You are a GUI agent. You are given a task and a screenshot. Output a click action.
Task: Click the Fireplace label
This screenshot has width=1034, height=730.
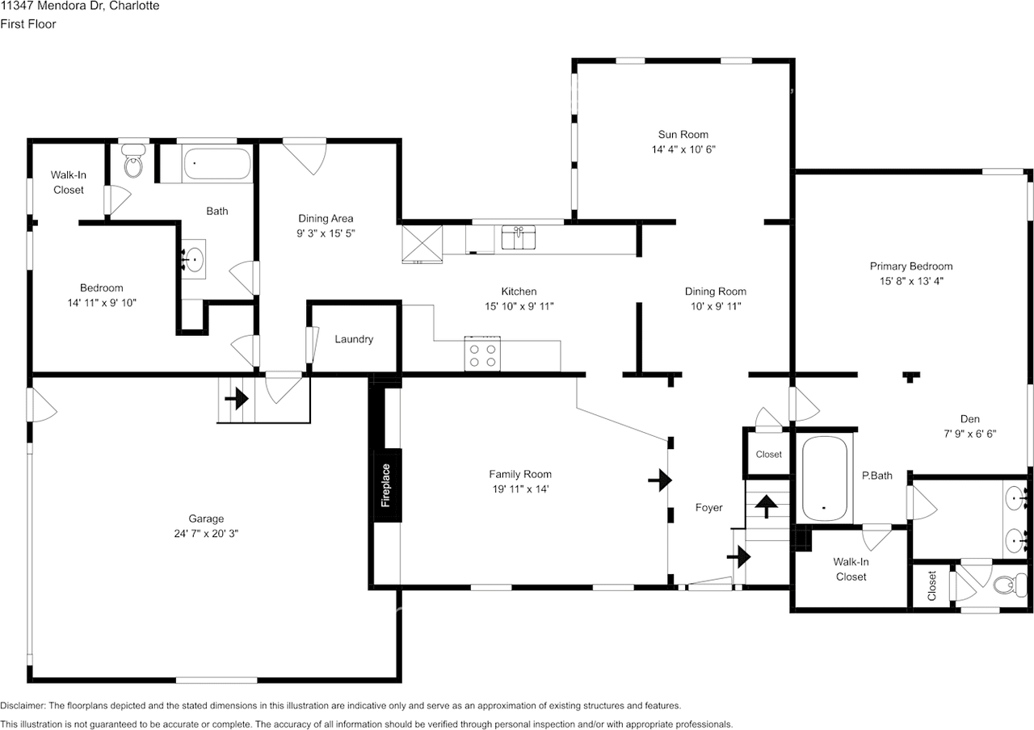pos(386,485)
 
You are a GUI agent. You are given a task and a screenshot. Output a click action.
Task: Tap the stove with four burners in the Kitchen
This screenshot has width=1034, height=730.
pos(482,354)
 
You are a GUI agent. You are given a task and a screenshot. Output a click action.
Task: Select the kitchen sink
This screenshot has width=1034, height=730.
pos(519,237)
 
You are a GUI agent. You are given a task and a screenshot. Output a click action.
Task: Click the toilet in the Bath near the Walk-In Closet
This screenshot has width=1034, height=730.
pos(133,161)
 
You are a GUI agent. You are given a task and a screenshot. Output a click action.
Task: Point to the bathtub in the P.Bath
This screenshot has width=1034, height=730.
pos(825,479)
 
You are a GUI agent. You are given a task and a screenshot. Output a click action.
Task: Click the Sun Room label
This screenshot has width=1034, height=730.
pos(683,134)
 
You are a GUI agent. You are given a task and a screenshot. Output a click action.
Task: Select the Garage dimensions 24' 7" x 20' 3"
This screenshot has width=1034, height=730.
pos(206,534)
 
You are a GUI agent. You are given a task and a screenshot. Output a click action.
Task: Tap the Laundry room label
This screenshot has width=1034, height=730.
pos(354,339)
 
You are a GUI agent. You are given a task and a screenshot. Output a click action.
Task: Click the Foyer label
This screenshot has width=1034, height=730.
pos(709,508)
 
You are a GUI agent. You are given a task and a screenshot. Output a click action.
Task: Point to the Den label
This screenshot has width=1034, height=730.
pos(970,419)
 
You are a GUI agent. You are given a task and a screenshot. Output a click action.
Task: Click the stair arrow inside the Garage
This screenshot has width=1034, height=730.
pos(237,398)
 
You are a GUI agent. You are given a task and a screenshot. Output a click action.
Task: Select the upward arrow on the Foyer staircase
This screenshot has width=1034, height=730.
pos(767,506)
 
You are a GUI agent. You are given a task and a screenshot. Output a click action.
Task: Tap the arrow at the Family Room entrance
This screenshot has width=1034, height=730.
pos(660,480)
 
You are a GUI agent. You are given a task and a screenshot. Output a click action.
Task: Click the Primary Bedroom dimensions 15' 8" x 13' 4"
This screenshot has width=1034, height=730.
pos(911,281)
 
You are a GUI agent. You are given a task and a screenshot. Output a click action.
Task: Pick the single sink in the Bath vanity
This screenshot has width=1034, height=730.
pos(193,259)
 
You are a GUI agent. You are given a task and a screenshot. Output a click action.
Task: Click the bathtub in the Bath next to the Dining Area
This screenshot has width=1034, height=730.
pos(217,163)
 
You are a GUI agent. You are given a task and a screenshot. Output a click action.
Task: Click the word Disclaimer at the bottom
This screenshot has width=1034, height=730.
pos(23,706)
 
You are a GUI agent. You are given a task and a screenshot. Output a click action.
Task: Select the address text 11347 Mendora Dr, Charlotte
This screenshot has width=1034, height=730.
pos(80,6)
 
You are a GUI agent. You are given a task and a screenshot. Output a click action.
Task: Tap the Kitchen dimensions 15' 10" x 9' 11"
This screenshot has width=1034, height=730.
pos(519,306)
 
